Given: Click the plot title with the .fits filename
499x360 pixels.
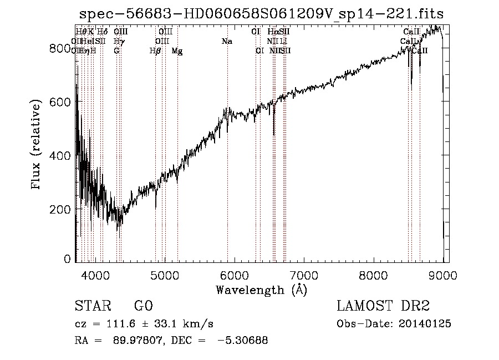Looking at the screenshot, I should (261, 13).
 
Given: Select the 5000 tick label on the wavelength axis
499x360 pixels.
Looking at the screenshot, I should (165, 275).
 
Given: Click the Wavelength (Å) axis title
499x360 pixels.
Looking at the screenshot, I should (261, 290).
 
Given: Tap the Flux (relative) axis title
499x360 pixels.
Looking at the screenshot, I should (37, 145).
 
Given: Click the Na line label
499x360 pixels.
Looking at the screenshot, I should (227, 42).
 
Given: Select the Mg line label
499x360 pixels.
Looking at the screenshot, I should (177, 51).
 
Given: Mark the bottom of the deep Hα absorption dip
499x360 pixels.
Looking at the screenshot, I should (274, 134).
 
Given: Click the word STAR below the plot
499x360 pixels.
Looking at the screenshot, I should (92, 306).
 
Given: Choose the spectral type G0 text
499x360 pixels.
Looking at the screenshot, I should (143, 306).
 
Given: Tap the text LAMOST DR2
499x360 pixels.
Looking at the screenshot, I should (383, 306).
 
